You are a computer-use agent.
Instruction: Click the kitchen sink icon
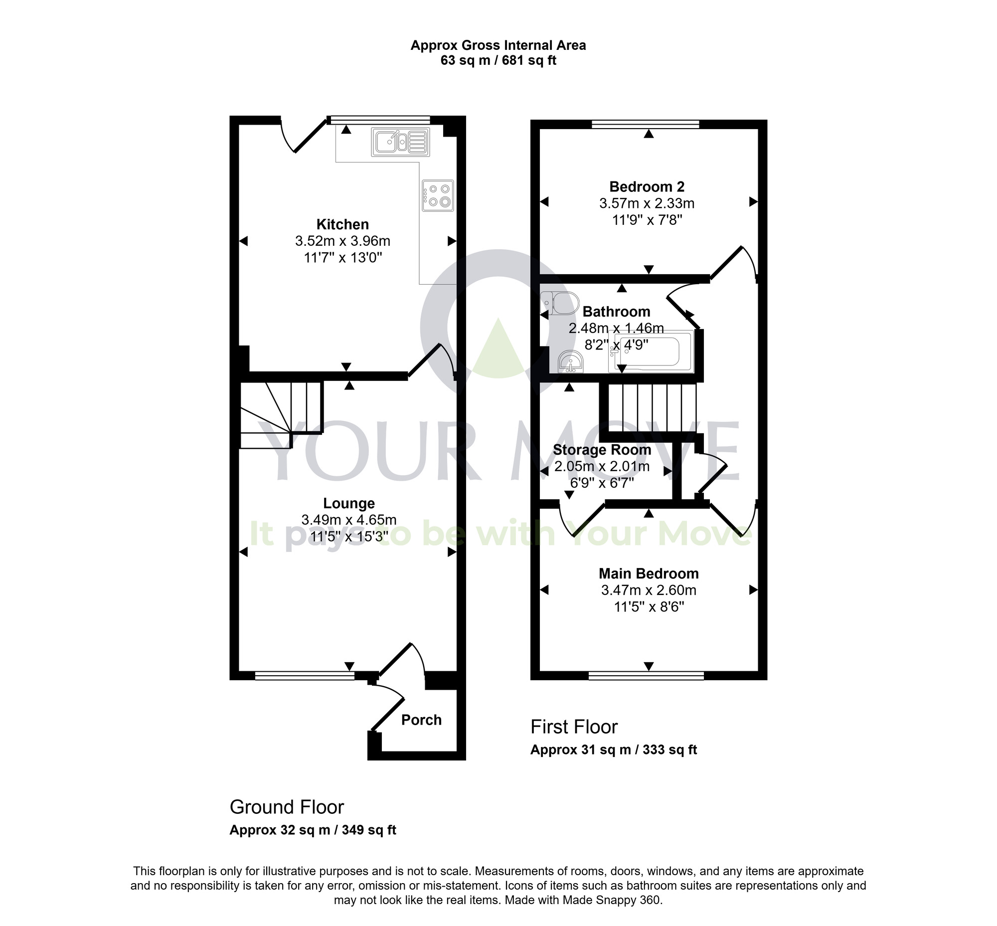click(400, 142)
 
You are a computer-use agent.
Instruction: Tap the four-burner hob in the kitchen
click(437, 195)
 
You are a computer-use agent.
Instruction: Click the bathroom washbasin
click(571, 362)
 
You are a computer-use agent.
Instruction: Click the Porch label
click(421, 720)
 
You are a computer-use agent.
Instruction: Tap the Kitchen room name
click(342, 224)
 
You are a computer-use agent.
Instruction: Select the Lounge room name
click(348, 503)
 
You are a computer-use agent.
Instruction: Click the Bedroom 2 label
click(647, 187)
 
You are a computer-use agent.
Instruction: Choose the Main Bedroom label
click(649, 573)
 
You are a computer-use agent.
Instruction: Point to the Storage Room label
click(602, 449)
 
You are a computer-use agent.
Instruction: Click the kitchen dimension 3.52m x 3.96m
click(342, 241)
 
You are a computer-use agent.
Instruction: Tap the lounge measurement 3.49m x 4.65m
click(348, 520)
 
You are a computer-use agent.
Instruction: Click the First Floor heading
click(574, 727)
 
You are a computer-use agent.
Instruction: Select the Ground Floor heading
click(287, 807)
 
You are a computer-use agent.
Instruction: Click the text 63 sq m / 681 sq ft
click(498, 61)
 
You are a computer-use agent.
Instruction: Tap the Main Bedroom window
click(646, 677)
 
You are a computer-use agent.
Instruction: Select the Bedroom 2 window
click(645, 124)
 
